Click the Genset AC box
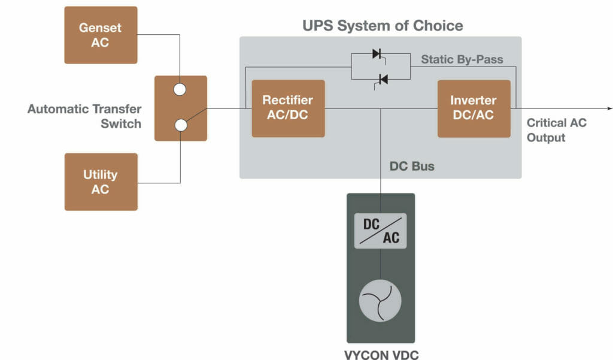click(101, 35)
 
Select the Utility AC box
click(101, 181)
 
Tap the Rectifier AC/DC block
click(288, 108)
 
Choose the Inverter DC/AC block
click(474, 108)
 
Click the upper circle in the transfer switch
click(180, 90)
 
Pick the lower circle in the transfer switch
click(180, 125)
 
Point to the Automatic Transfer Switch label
click(84, 116)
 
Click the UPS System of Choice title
click(383, 26)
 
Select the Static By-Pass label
click(462, 59)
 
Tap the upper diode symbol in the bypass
click(377, 54)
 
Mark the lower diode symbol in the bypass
click(383, 78)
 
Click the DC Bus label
click(412, 166)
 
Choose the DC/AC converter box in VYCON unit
click(381, 231)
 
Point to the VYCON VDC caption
click(381, 354)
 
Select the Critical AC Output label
click(557, 130)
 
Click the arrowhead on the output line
click(609, 108)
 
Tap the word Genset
click(101, 28)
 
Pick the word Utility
click(101, 175)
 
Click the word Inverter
click(474, 101)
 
